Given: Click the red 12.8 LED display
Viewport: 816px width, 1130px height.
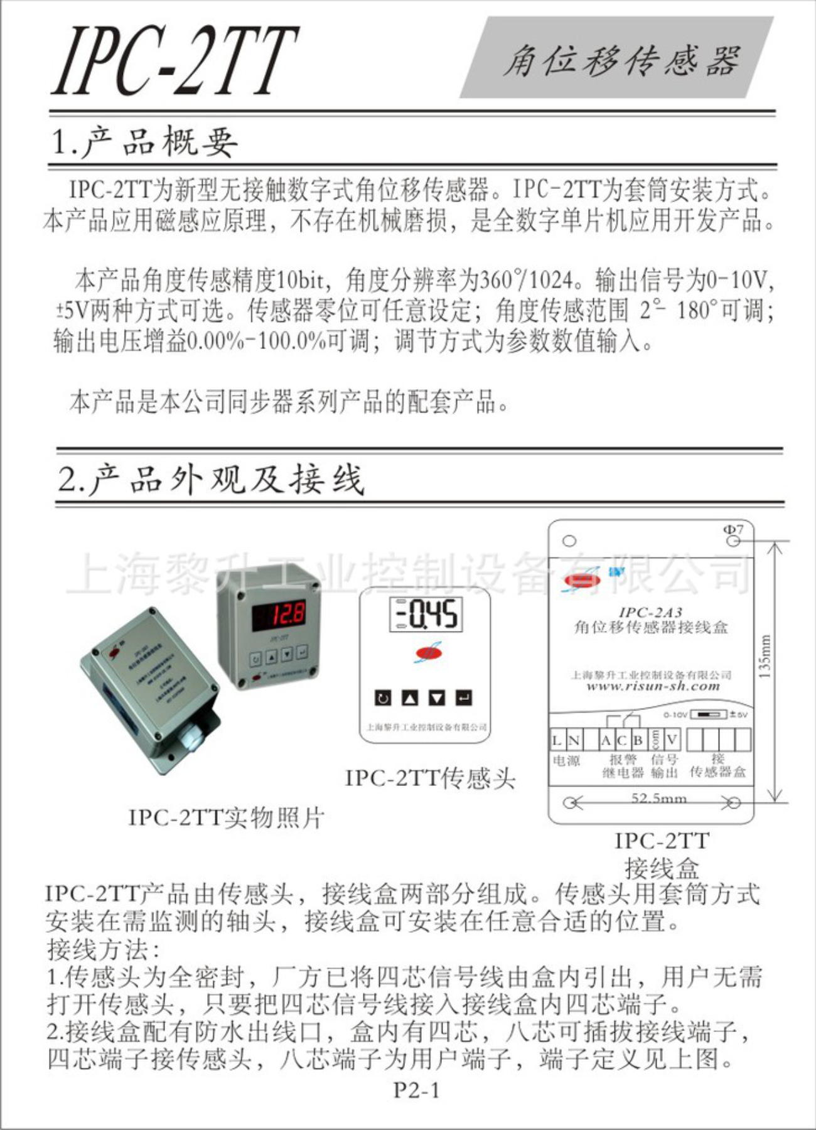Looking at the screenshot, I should [279, 613].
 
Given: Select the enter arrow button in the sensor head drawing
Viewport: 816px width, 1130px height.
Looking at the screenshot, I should [464, 697].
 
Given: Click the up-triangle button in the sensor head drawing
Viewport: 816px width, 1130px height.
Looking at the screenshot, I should [410, 697].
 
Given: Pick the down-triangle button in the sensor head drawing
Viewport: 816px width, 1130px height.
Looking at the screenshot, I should [437, 697].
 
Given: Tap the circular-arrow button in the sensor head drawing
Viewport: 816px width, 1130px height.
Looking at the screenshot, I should [383, 697].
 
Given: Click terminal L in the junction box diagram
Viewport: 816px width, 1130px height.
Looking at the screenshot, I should [557, 741].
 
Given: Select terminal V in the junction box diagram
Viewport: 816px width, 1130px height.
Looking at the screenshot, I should [672, 740].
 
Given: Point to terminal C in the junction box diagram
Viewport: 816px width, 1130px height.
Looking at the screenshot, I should [621, 741].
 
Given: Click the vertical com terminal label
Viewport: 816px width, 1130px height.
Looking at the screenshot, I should [655, 740].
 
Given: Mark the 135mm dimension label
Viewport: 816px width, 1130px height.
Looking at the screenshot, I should [765, 657].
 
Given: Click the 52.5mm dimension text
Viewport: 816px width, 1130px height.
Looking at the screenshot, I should [658, 799].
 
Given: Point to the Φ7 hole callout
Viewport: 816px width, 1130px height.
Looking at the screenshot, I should [733, 530].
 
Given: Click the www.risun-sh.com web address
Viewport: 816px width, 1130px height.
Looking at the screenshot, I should [653, 686].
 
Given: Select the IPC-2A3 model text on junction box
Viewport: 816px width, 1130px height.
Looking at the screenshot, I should [650, 612].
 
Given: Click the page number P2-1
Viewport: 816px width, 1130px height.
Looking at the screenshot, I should [416, 1090].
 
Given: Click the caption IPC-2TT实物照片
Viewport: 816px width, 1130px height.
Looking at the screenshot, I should [226, 817].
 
